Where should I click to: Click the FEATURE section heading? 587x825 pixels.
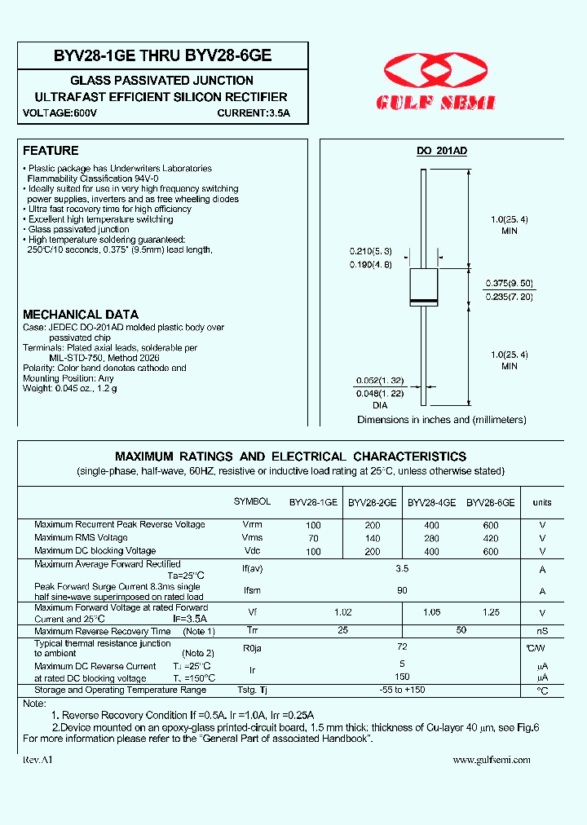tap(51, 151)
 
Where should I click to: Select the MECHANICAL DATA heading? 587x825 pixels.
tap(81, 315)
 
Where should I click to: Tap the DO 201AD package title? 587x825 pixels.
tap(442, 152)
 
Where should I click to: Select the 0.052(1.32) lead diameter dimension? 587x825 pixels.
tap(380, 381)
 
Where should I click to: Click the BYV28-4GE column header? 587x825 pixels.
tap(431, 503)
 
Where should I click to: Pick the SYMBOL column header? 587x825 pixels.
tap(252, 501)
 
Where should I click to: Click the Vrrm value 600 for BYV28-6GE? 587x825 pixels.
tap(490, 526)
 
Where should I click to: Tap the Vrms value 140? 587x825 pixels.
tap(372, 539)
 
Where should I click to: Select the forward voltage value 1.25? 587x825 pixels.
tap(491, 612)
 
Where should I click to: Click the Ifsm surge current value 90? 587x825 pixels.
tap(402, 590)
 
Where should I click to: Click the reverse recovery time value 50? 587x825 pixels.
tap(461, 631)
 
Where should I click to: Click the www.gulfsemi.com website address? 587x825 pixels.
tap(491, 759)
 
